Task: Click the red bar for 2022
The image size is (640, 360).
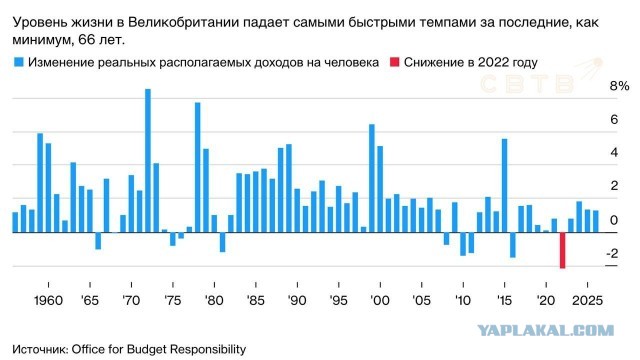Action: pyautogui.click(x=562, y=250)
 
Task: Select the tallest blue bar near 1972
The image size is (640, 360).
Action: pyautogui.click(x=147, y=160)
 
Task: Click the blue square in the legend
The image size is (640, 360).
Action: pyautogui.click(x=18, y=62)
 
